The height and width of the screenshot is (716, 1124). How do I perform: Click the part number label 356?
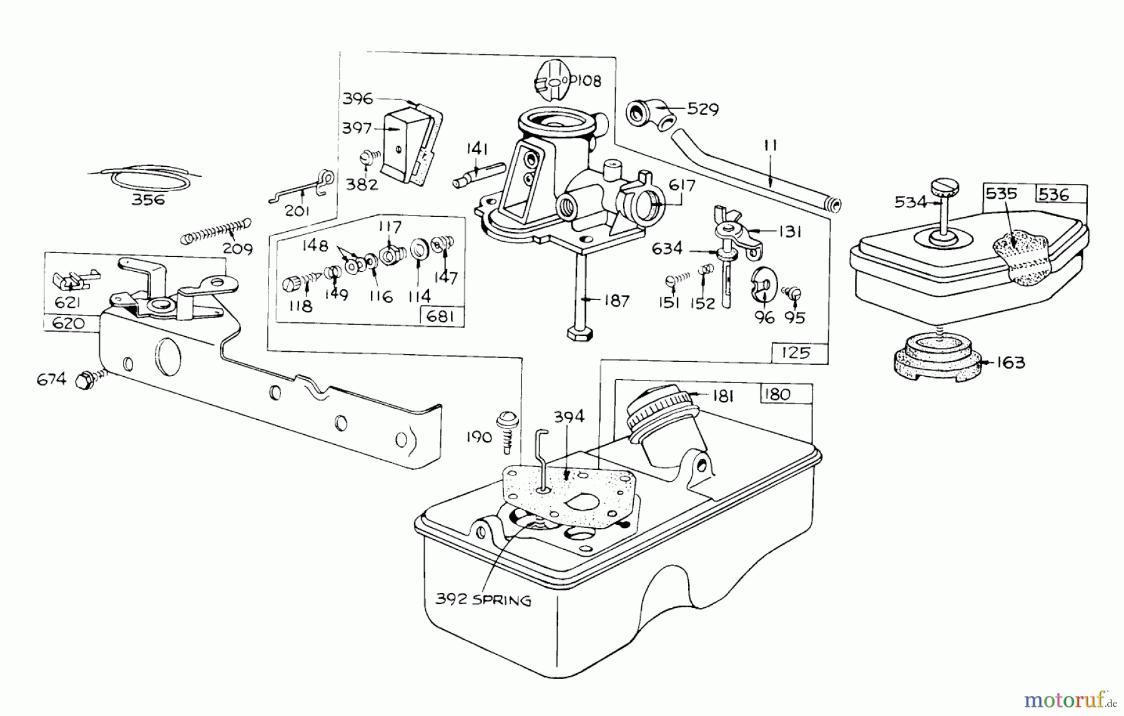pyautogui.click(x=149, y=200)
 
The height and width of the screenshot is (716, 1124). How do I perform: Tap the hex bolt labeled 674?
pyautogui.click(x=84, y=380)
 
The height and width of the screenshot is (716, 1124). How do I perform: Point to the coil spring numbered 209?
pyautogui.click(x=215, y=231)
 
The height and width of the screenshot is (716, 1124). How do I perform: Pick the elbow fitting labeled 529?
pyautogui.click(x=649, y=113)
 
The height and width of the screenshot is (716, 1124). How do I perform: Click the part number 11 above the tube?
pyautogui.click(x=770, y=146)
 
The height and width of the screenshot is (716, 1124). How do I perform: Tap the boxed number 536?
pyautogui.click(x=1055, y=194)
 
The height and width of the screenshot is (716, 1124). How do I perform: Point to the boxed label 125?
pyautogui.click(x=796, y=352)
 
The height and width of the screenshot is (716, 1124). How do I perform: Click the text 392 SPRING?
pyautogui.click(x=483, y=600)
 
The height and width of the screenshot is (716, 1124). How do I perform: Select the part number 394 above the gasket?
pyautogui.click(x=568, y=417)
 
